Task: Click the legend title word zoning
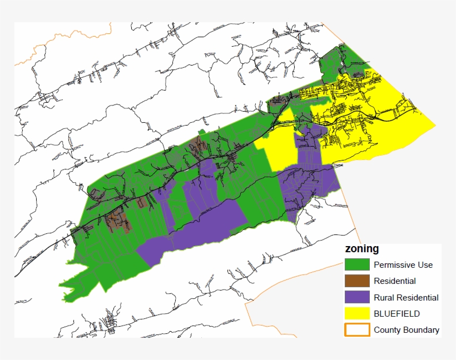click(361, 249)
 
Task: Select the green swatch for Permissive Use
click(357, 264)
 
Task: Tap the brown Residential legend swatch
click(357, 281)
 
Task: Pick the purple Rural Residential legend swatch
click(357, 297)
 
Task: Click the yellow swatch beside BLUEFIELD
click(357, 313)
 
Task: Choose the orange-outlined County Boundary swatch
click(357, 329)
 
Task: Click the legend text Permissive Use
click(403, 264)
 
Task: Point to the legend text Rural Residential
click(406, 297)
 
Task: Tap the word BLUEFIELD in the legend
click(396, 313)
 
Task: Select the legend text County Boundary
click(406, 329)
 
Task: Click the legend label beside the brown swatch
click(394, 281)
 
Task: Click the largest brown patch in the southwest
click(118, 221)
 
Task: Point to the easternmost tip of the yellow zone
click(434, 126)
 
